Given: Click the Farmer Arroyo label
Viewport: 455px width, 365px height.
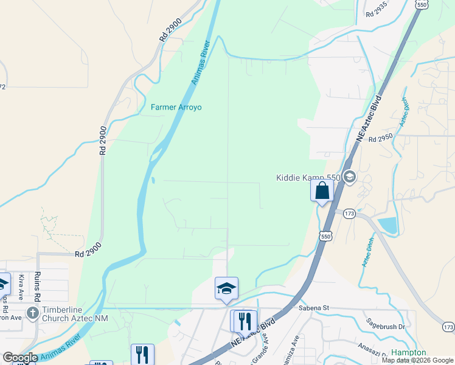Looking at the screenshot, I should (x=176, y=108).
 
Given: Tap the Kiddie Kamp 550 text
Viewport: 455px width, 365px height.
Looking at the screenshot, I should (x=308, y=178).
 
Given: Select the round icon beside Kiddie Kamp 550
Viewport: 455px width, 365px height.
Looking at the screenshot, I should (x=350, y=177).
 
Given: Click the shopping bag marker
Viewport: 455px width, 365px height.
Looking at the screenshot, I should (x=322, y=190).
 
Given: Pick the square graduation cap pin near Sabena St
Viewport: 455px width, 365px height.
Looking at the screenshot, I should (x=226, y=288).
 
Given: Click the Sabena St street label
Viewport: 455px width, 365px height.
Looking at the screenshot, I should (x=313, y=308).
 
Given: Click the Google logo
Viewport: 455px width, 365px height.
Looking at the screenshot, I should (x=20, y=358).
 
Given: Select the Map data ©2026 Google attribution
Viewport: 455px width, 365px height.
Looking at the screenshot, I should (x=417, y=360).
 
